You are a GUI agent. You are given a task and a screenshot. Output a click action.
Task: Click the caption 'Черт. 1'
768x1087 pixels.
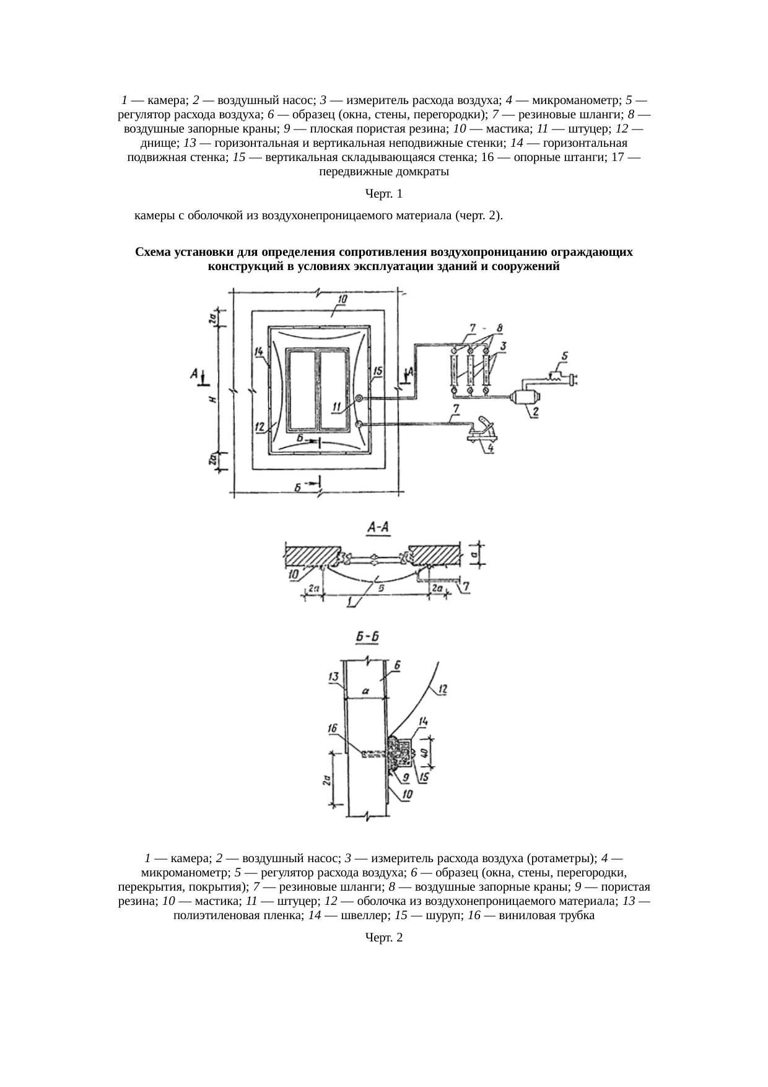pyautogui.click(x=384, y=194)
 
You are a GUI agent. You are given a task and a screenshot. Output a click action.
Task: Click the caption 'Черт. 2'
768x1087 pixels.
pyautogui.click(x=384, y=938)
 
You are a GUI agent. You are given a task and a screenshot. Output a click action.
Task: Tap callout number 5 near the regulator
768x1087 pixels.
pyautogui.click(x=565, y=357)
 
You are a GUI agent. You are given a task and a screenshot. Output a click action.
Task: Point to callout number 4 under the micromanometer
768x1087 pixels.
pyautogui.click(x=491, y=447)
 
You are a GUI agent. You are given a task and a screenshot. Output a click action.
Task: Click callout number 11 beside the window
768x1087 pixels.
pyautogui.click(x=337, y=407)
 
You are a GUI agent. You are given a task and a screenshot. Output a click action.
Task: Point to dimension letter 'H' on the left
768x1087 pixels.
pyautogui.click(x=212, y=399)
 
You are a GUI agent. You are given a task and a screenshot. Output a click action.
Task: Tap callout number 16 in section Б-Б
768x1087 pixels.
pyautogui.click(x=333, y=729)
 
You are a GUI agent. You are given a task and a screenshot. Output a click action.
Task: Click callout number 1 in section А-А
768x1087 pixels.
pyautogui.click(x=351, y=601)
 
